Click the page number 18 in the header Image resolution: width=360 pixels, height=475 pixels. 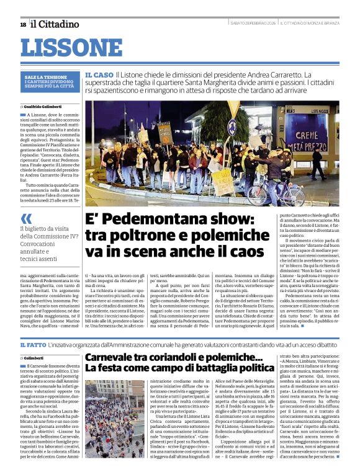[23, 24]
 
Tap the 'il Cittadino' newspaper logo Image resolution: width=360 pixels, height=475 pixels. [55, 24]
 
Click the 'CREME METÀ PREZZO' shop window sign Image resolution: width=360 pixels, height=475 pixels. [310, 141]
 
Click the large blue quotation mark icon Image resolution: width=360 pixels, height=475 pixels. [26, 218]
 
